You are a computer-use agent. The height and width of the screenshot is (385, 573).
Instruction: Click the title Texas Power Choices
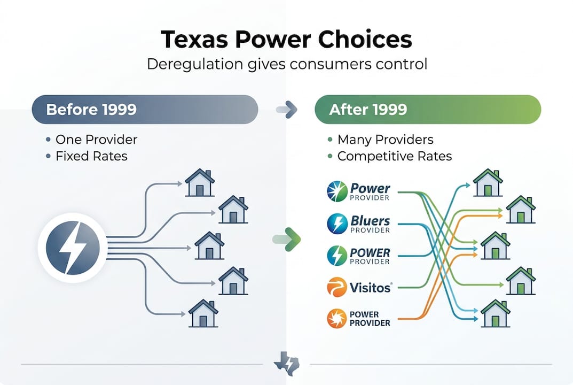pyautogui.click(x=286, y=40)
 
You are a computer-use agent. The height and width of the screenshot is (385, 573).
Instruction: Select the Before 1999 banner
pyautogui.click(x=145, y=110)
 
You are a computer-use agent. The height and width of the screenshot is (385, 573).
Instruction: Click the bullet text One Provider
pyautogui.click(x=96, y=140)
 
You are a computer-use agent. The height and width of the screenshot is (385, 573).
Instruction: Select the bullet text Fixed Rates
pyautogui.click(x=91, y=157)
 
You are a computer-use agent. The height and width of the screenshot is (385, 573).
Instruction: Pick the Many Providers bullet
pyautogui.click(x=385, y=140)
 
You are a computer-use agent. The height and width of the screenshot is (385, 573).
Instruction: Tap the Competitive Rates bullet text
pyautogui.click(x=394, y=157)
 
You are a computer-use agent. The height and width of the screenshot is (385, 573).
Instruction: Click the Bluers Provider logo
pyautogui.click(x=358, y=224)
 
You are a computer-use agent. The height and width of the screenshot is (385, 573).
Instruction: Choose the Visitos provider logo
pyautogui.click(x=359, y=287)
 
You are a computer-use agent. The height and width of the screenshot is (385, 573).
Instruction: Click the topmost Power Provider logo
pyautogui.click(x=358, y=191)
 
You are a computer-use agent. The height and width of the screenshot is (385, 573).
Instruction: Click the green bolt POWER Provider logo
pyautogui.click(x=358, y=255)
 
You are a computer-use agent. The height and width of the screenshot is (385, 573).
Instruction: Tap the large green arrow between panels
pyautogui.click(x=289, y=238)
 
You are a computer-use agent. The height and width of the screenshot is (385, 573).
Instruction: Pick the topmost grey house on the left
pyautogui.click(x=199, y=183)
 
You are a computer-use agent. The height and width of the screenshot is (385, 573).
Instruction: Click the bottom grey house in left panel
pyautogui.click(x=203, y=313)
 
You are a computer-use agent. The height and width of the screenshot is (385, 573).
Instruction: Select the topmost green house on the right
pyautogui.click(x=487, y=183)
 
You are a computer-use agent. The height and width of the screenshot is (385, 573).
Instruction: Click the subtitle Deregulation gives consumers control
pyautogui.click(x=287, y=64)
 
